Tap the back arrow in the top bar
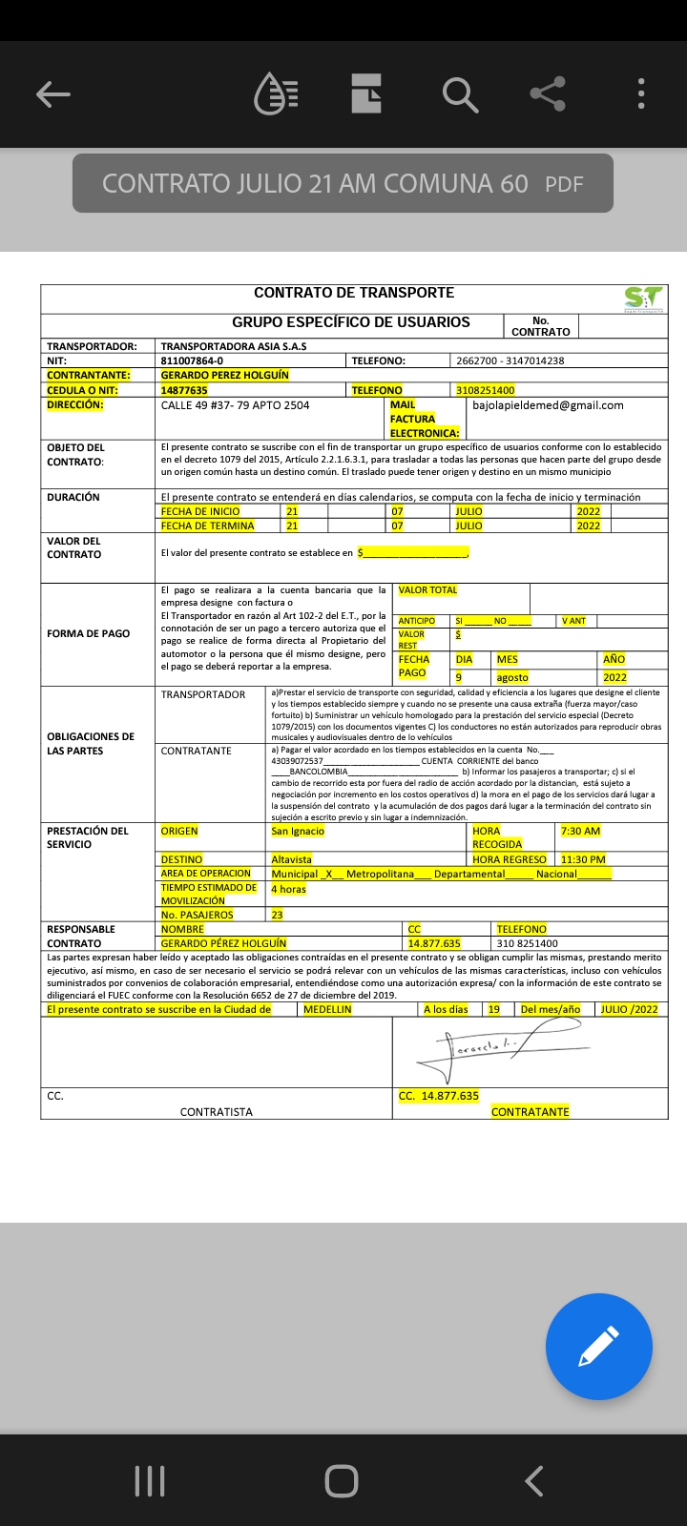(53, 93)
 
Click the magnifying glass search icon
(459, 94)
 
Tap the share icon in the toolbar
(548, 93)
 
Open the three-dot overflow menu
(641, 93)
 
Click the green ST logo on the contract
(643, 298)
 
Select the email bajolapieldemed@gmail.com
(548, 405)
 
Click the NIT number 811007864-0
(192, 361)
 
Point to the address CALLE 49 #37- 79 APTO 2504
(235, 405)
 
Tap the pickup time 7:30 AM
(580, 831)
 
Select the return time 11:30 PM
(583, 859)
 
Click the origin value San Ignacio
(298, 831)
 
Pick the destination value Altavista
(291, 859)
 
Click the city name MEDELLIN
(327, 1009)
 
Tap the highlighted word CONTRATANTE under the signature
(530, 1111)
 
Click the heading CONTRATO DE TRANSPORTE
(354, 293)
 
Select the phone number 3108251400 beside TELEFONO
(485, 390)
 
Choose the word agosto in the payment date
(512, 677)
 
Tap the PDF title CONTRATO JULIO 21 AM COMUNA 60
(315, 183)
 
